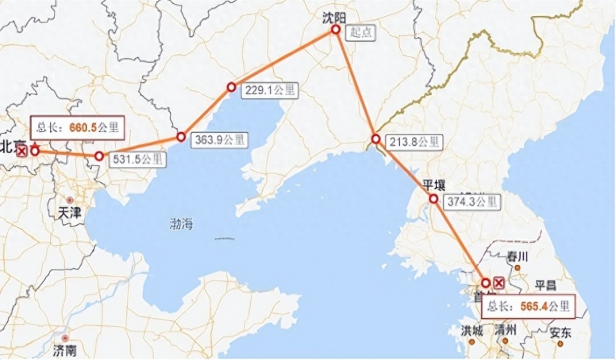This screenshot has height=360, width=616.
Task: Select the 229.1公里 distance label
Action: (269, 90)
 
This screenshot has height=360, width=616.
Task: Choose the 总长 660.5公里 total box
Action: (77, 127)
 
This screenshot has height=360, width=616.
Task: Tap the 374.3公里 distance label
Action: (471, 201)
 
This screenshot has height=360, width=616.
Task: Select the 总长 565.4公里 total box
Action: (528, 306)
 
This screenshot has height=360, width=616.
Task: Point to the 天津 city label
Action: (70, 212)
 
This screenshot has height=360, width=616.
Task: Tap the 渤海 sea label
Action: (181, 224)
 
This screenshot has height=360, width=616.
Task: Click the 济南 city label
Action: (65, 350)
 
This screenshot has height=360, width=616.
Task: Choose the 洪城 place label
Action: (472, 330)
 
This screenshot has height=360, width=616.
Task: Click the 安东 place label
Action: (560, 333)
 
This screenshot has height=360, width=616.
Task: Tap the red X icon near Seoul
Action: (499, 283)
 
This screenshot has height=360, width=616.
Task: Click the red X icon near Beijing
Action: (21, 151)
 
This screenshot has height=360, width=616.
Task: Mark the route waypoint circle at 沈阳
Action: (336, 30)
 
